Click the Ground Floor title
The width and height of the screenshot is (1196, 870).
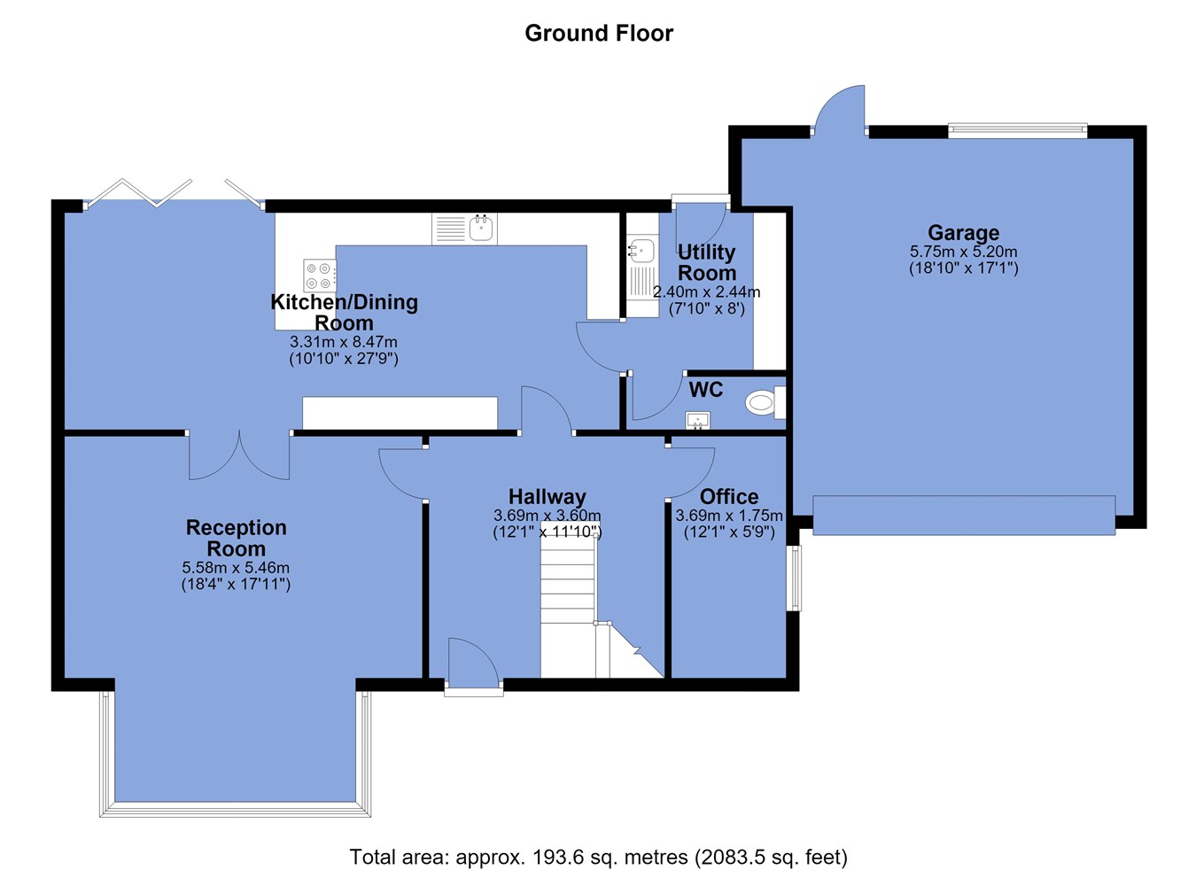(x=599, y=33)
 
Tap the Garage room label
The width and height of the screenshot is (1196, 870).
(x=963, y=233)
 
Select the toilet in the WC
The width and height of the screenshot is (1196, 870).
(x=766, y=403)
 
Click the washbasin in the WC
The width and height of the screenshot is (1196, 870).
(x=698, y=420)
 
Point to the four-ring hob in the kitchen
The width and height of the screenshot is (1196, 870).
(x=320, y=276)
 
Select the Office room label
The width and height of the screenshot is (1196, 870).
(x=729, y=497)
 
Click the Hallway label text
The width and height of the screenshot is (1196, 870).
(x=547, y=497)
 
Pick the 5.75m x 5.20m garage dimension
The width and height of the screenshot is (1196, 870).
(x=963, y=252)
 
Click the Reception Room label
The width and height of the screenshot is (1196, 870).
(x=236, y=538)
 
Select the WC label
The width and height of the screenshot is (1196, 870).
(x=706, y=390)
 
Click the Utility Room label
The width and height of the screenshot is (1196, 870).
(x=707, y=262)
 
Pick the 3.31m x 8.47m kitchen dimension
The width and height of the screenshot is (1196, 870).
(x=344, y=341)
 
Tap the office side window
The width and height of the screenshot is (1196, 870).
(x=796, y=578)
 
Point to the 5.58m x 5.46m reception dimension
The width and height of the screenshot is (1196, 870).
(x=236, y=567)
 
